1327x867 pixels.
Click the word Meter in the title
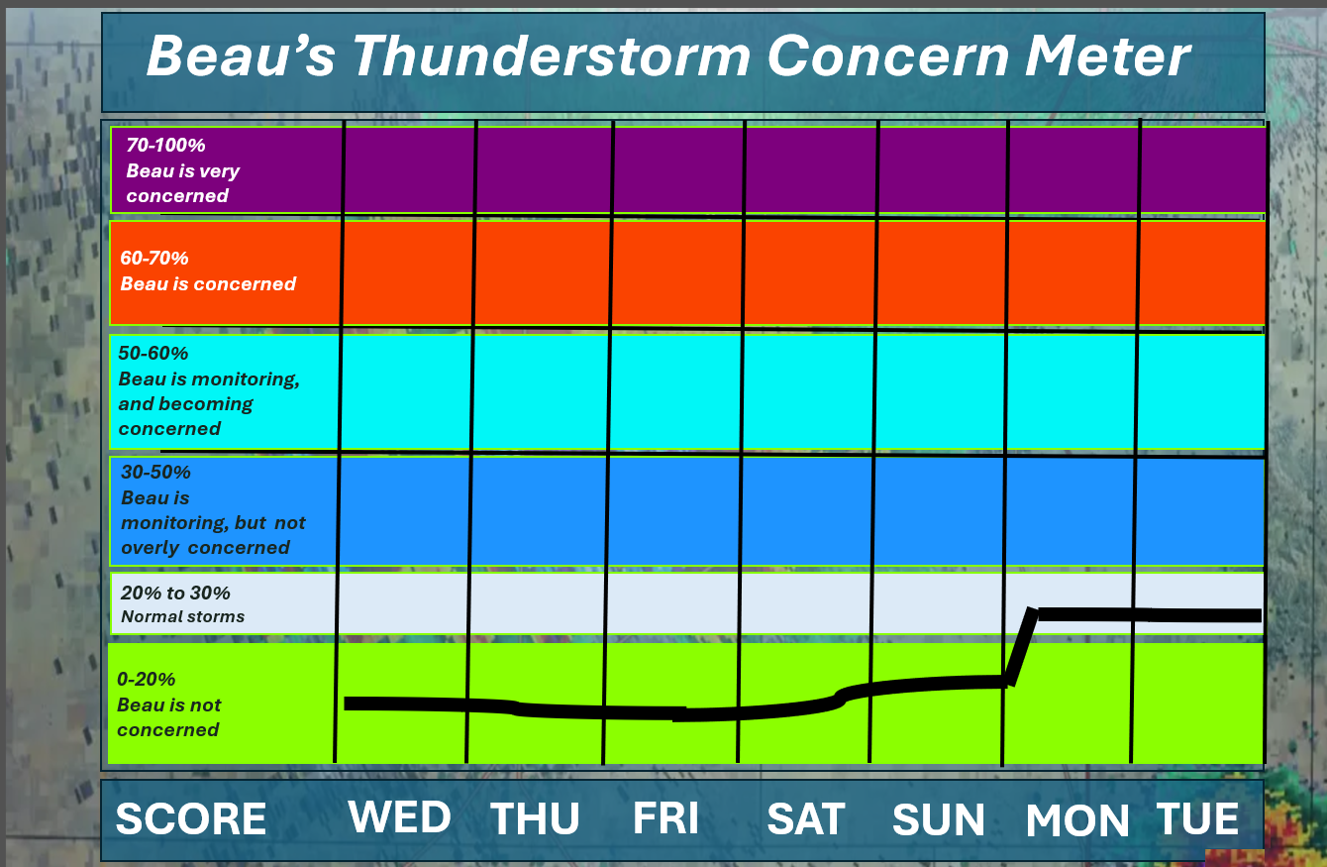(1107, 55)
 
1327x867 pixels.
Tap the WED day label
(399, 817)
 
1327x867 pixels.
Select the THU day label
(535, 819)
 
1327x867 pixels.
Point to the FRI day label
(665, 818)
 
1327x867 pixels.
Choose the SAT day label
(806, 819)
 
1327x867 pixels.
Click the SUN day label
(938, 820)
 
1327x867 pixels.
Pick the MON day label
(1077, 820)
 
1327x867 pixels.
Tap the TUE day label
(1197, 819)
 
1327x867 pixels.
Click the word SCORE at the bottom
(191, 819)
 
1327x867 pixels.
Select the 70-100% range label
(166, 146)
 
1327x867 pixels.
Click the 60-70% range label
(154, 258)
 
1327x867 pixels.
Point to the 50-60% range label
(153, 353)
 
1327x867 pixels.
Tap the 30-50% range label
(155, 473)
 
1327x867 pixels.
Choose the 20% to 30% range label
(175, 593)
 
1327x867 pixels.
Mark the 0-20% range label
(146, 679)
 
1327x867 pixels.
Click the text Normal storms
(182, 617)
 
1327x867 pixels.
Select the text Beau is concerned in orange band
(208, 283)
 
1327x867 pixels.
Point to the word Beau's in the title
(241, 55)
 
